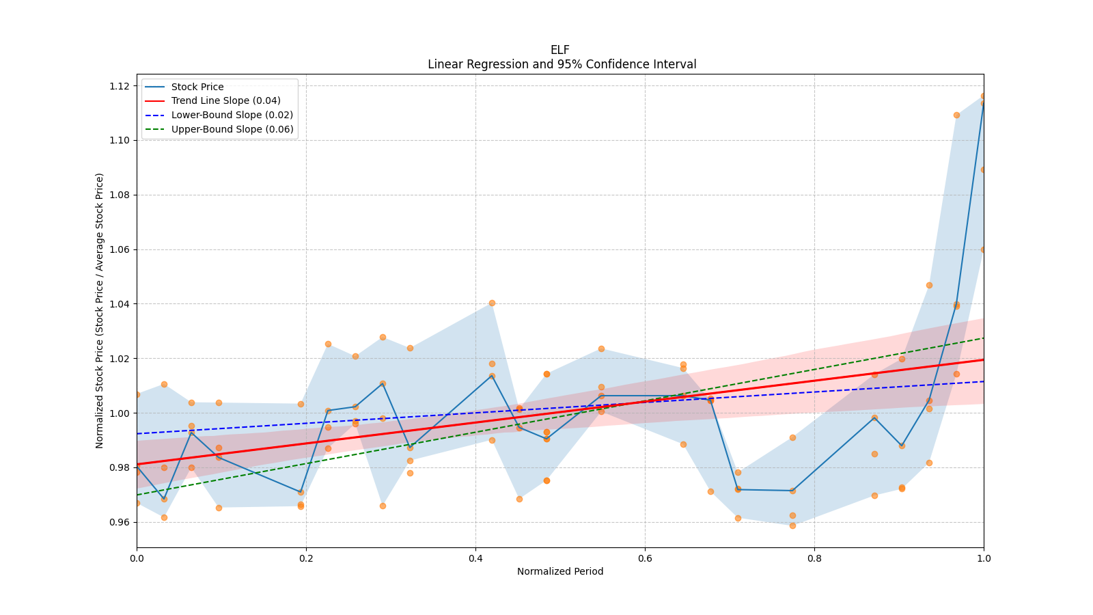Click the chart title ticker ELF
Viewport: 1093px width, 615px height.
tap(559, 50)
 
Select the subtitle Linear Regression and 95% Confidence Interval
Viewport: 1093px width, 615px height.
tap(562, 64)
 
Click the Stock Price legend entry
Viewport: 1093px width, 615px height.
tap(197, 87)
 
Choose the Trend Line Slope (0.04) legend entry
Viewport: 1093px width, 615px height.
tap(225, 100)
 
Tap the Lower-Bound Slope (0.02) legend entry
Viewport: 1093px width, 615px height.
tap(232, 115)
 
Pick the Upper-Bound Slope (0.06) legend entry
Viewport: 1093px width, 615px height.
tap(232, 129)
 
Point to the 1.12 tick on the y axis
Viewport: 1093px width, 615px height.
tap(120, 86)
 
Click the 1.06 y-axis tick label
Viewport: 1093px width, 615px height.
tap(120, 249)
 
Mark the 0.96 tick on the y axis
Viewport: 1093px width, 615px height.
tap(120, 522)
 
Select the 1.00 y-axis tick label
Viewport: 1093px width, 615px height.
tap(120, 413)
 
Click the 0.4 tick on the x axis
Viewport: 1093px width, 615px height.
tap(475, 558)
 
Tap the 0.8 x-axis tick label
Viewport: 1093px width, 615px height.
tap(814, 558)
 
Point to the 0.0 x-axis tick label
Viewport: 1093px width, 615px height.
tap(137, 558)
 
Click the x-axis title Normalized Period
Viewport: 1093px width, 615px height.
tap(560, 571)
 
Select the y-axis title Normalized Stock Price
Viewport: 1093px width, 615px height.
tap(100, 311)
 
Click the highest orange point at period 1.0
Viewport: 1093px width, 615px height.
tap(984, 96)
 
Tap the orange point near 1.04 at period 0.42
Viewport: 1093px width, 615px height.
tap(492, 303)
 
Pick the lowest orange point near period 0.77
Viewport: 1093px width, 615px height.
tap(792, 525)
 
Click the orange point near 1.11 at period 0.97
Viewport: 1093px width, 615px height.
tap(956, 115)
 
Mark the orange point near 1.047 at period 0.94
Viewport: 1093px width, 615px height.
tap(929, 285)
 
